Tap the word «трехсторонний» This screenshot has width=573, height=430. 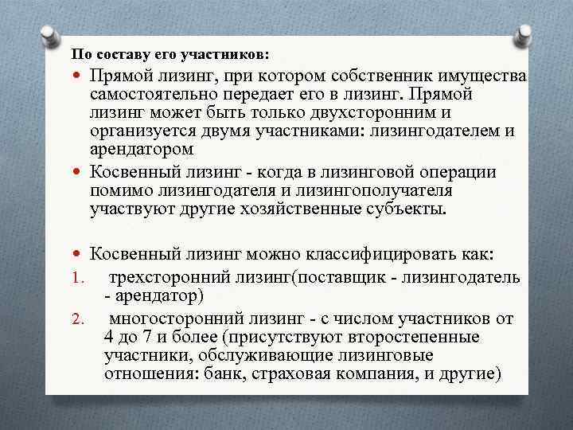[170, 277]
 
